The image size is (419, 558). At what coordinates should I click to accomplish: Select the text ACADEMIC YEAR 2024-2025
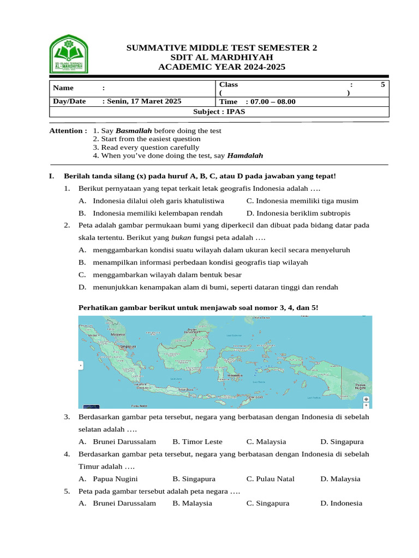pyautogui.click(x=221, y=66)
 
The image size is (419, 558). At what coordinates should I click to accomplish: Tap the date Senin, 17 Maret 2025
pyautogui.click(x=143, y=101)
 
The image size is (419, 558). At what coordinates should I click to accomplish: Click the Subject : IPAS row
pyautogui.click(x=219, y=112)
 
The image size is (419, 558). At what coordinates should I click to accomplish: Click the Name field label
pyautogui.click(x=63, y=88)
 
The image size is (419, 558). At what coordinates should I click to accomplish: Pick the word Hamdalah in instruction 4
pyautogui.click(x=245, y=155)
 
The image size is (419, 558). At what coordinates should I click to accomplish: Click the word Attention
pyautogui.click(x=67, y=131)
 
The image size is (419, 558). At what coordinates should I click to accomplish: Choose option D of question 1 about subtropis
pyautogui.click(x=298, y=213)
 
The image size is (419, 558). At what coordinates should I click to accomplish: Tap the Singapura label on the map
pyautogui.click(x=128, y=346)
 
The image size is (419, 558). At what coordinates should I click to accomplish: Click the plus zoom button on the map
pyautogui.click(x=366, y=405)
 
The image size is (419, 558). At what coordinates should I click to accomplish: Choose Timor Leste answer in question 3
pyautogui.click(x=197, y=441)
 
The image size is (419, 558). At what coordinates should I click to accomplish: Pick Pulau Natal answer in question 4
pyautogui.click(x=270, y=478)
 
